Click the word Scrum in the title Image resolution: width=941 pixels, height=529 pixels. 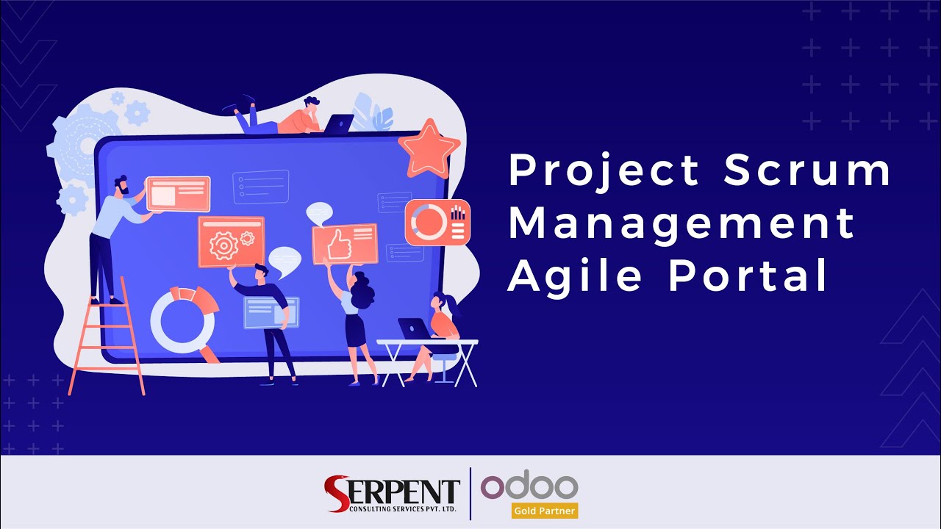coord(807,171)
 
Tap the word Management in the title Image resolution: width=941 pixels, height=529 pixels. coord(681,224)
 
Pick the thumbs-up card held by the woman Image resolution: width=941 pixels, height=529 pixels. coord(345,243)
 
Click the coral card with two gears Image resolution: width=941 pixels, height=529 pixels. coord(231,241)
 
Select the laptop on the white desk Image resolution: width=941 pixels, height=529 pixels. coord(413,329)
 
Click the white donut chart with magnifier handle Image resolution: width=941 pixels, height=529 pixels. coord(184,320)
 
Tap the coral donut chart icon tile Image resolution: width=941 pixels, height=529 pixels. coord(437,223)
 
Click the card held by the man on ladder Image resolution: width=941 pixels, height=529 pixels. coord(177,193)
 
